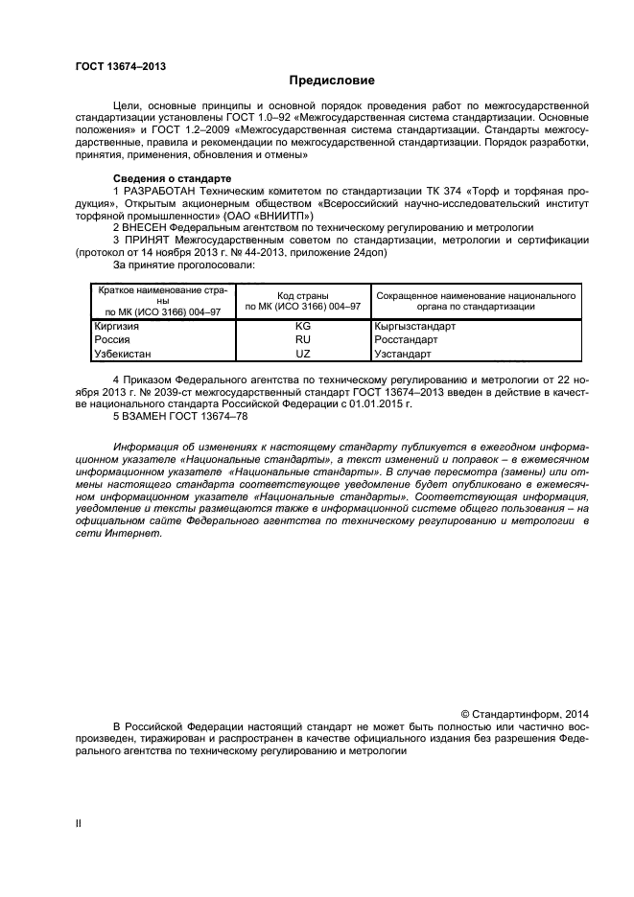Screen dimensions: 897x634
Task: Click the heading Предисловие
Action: tap(332, 80)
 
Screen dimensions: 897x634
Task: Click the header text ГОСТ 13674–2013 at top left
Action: tap(114, 66)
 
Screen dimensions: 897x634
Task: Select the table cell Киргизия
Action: tap(116, 326)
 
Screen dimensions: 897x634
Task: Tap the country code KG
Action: tap(303, 326)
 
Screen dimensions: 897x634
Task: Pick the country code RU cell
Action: tap(303, 339)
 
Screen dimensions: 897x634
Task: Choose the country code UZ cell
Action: tap(303, 354)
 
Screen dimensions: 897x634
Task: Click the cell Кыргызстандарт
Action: tap(415, 326)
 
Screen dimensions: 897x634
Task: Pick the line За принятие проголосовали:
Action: tap(185, 265)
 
